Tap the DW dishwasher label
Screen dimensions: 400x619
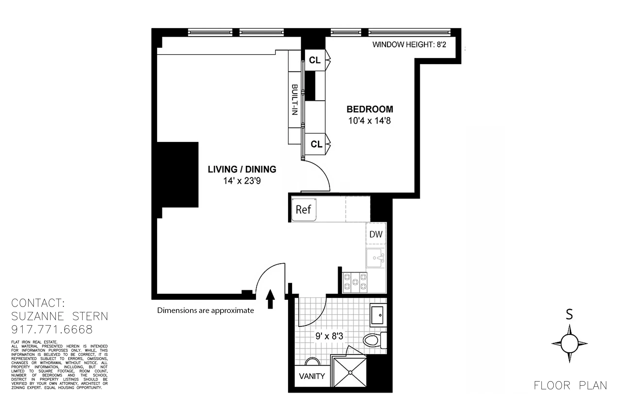[x=376, y=234]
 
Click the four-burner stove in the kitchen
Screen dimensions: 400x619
[x=355, y=282]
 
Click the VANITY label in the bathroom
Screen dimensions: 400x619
[x=312, y=376]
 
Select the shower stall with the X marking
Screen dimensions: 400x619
[x=350, y=372]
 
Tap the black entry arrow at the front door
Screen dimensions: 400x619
[x=270, y=299]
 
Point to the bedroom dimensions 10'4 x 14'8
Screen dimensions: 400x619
[x=369, y=121]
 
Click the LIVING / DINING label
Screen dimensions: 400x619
[x=242, y=169]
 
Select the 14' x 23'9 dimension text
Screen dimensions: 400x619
[x=242, y=181]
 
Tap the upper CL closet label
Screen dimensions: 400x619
[x=315, y=60]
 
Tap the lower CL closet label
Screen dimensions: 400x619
[x=316, y=144]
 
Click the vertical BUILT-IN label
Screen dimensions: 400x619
[x=294, y=99]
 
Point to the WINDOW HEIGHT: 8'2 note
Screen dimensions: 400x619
[x=409, y=45]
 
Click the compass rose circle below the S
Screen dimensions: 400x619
[x=569, y=343]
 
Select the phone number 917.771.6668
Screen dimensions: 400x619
[x=52, y=330]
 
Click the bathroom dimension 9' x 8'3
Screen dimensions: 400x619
[x=329, y=336]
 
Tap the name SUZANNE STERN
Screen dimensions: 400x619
[x=60, y=316]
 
